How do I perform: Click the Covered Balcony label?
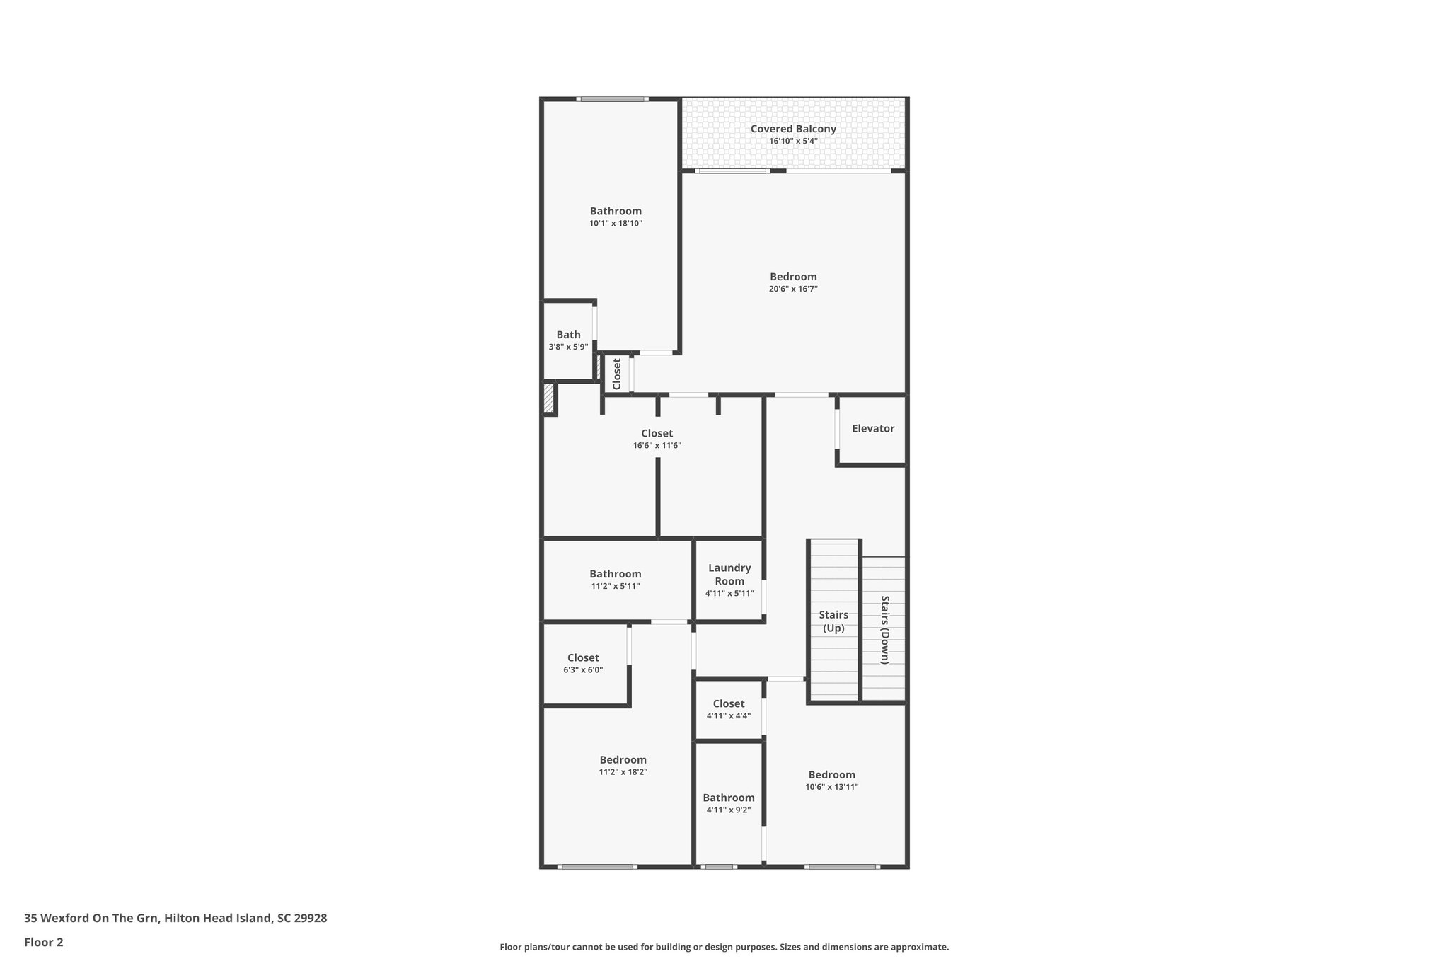pyautogui.click(x=793, y=129)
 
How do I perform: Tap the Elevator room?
pyautogui.click(x=872, y=429)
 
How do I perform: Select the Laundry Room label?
pyautogui.click(x=729, y=575)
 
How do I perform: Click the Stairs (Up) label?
pyautogui.click(x=833, y=621)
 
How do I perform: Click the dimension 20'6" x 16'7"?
pyautogui.click(x=793, y=289)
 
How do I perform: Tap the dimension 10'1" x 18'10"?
pyautogui.click(x=616, y=223)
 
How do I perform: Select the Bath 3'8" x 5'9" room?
pyautogui.click(x=568, y=340)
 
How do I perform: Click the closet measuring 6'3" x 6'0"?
pyautogui.click(x=583, y=664)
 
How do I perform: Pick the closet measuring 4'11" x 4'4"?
pyautogui.click(x=729, y=709)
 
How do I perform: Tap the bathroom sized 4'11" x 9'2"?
pyautogui.click(x=729, y=803)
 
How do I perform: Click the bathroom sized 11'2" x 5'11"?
pyautogui.click(x=616, y=580)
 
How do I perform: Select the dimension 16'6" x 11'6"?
pyautogui.click(x=657, y=446)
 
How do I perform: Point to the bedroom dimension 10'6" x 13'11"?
pyautogui.click(x=832, y=787)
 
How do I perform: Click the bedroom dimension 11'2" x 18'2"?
pyautogui.click(x=623, y=772)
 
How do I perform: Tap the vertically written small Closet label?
pyautogui.click(x=617, y=374)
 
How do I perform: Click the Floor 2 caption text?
pyautogui.click(x=44, y=942)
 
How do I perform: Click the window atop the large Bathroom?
pyautogui.click(x=612, y=99)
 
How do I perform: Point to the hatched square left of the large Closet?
pyautogui.click(x=548, y=398)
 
